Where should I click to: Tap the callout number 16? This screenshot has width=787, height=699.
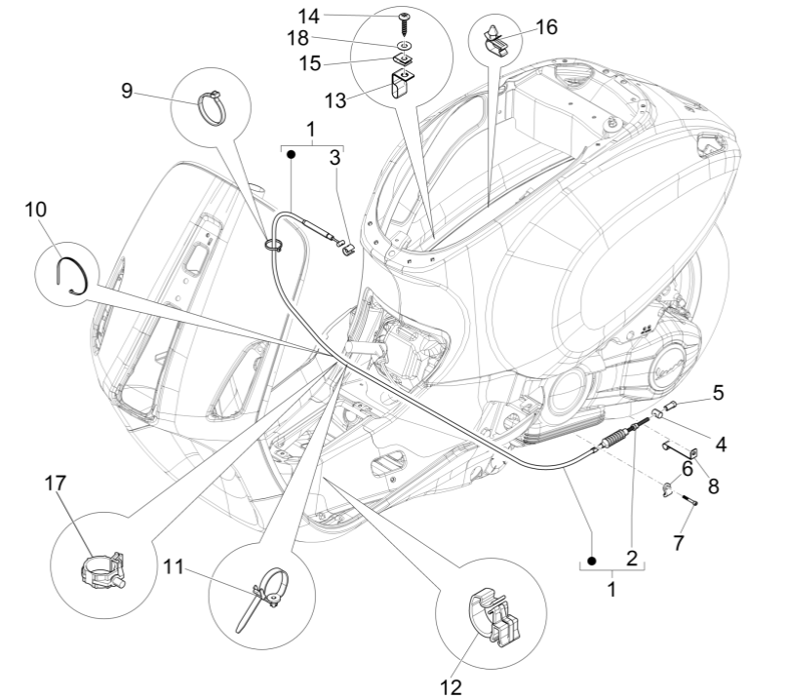click(x=546, y=26)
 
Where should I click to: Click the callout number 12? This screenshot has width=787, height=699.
click(x=450, y=687)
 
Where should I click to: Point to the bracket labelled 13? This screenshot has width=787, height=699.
click(x=400, y=87)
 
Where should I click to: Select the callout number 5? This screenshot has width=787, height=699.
click(x=718, y=393)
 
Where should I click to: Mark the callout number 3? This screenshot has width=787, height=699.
click(x=334, y=157)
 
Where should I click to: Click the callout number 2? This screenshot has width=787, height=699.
click(x=631, y=559)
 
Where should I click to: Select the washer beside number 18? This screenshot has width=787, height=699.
click(x=402, y=46)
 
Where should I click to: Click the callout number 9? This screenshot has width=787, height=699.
click(x=127, y=90)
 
